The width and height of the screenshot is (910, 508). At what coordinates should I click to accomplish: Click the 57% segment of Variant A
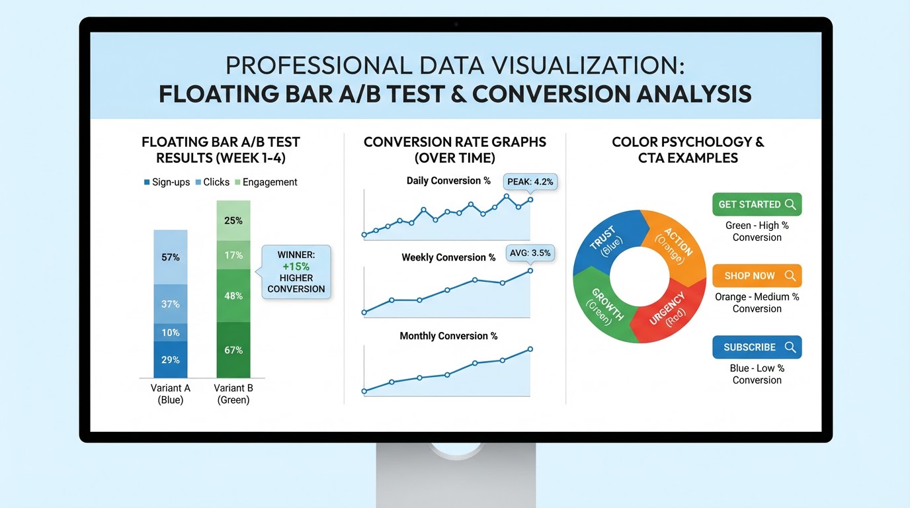click(x=171, y=257)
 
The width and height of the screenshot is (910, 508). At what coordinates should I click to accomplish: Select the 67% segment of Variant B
click(x=233, y=349)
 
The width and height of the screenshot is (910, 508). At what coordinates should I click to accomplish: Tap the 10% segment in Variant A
click(x=171, y=332)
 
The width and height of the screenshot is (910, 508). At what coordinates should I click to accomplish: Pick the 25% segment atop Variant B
click(x=233, y=220)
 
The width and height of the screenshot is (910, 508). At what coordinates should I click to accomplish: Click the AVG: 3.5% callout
click(x=530, y=252)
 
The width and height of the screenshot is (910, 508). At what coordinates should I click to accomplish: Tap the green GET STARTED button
click(x=757, y=204)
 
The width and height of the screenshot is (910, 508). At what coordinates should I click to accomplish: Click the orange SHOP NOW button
click(x=757, y=276)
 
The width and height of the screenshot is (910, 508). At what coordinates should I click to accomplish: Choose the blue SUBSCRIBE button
click(x=757, y=347)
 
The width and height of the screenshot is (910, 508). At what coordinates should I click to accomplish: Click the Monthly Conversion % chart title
click(x=448, y=336)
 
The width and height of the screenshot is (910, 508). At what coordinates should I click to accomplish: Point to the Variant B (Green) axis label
click(x=233, y=394)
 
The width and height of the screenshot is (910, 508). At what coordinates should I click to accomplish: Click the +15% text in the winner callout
click(x=296, y=267)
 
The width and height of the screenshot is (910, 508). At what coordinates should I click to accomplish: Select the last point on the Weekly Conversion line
click(x=530, y=271)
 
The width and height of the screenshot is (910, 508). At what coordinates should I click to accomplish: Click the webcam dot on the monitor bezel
click(x=456, y=24)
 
